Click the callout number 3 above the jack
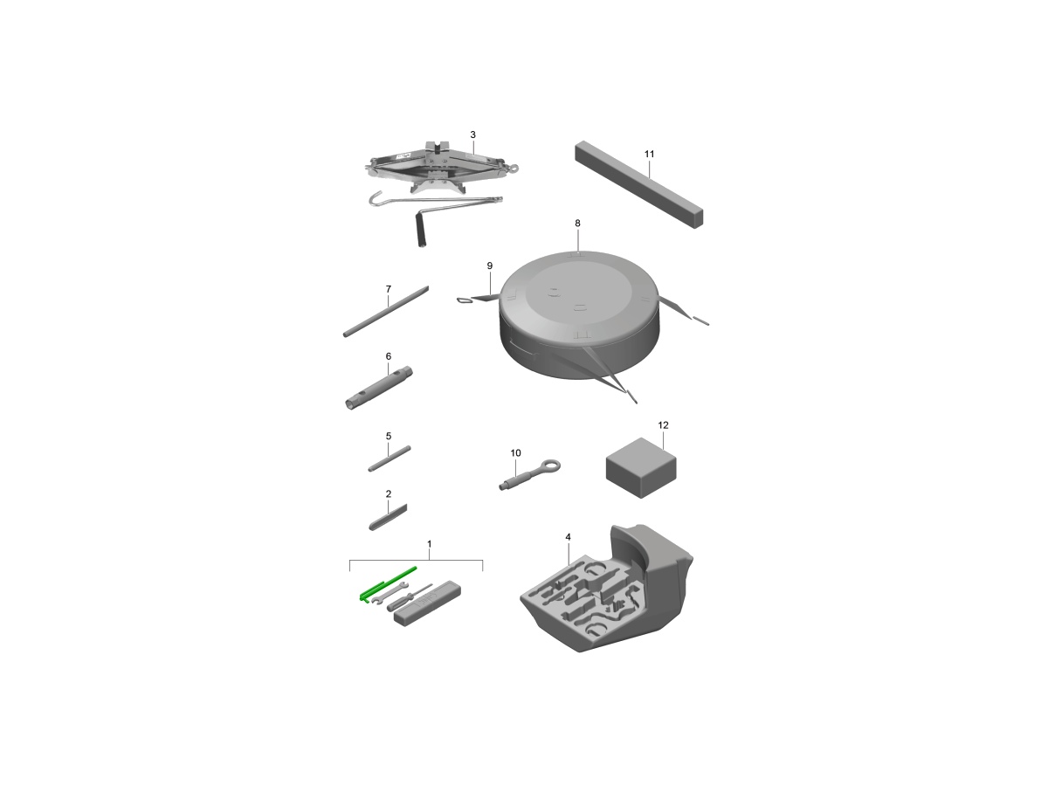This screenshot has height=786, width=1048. pyautogui.click(x=472, y=134)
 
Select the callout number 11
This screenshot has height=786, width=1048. pyautogui.click(x=649, y=154)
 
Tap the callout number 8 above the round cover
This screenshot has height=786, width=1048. pyautogui.click(x=577, y=223)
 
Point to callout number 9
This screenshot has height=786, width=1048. pyautogui.click(x=489, y=265)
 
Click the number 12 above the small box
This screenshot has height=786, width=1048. pyautogui.click(x=663, y=424)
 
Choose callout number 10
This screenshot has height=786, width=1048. pyautogui.click(x=515, y=452)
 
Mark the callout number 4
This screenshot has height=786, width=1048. pyautogui.click(x=568, y=537)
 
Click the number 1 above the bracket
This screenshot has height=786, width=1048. pyautogui.click(x=429, y=543)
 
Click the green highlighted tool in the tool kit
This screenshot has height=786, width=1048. pyautogui.click(x=388, y=583)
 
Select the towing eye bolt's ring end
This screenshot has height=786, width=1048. pyautogui.click(x=551, y=465)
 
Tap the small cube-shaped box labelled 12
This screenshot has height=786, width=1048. pyautogui.click(x=641, y=468)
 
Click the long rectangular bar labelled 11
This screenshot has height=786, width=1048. pyautogui.click(x=638, y=184)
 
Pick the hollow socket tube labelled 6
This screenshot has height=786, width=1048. pyautogui.click(x=379, y=388)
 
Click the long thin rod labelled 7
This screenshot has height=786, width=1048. pyautogui.click(x=386, y=311)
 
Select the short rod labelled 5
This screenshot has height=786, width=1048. pyautogui.click(x=390, y=458)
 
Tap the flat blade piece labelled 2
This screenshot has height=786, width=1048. pyautogui.click(x=388, y=517)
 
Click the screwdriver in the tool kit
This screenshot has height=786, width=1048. pyautogui.click(x=409, y=596)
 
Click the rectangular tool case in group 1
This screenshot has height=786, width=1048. pyautogui.click(x=427, y=603)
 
